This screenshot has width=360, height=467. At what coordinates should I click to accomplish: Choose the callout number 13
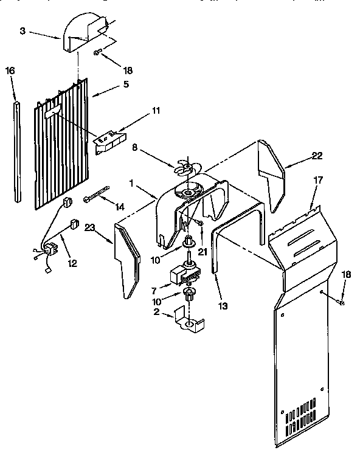click(224, 305)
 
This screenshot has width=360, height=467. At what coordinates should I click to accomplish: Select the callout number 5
click(126, 85)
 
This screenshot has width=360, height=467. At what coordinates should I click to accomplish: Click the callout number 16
click(10, 71)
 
